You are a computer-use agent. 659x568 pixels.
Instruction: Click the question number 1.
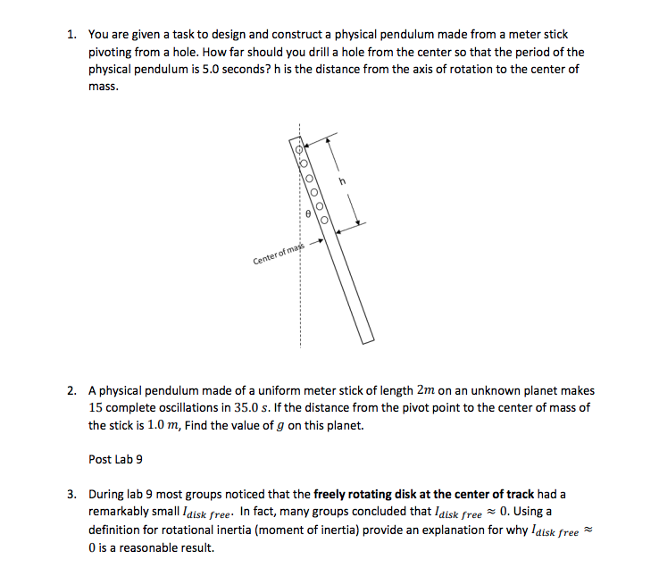point(71,35)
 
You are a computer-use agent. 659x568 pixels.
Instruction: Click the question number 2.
point(71,391)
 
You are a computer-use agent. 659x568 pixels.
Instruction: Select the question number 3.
point(71,494)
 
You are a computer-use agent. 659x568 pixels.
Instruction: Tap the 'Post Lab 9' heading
point(115,459)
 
